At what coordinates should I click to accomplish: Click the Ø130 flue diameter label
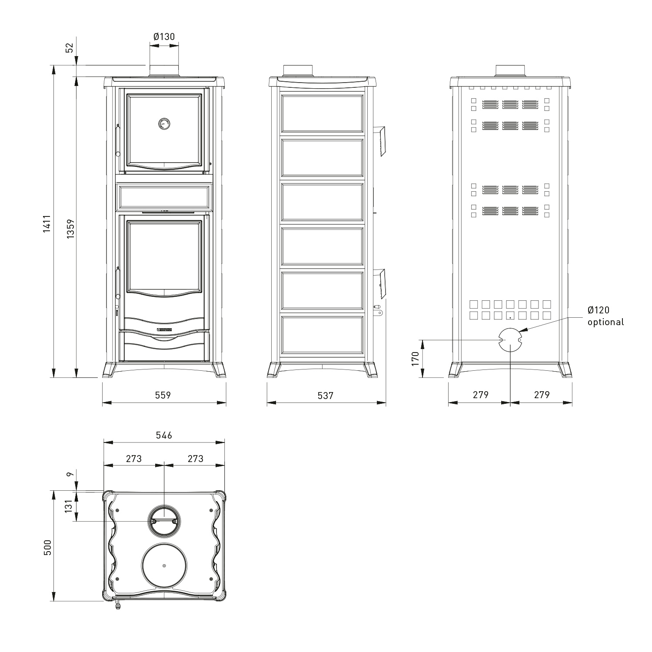point(164,37)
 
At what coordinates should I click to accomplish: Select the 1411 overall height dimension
point(47,223)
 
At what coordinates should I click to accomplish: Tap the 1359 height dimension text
point(71,228)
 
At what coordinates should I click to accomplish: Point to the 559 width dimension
point(163,395)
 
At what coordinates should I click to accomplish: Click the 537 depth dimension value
point(325,395)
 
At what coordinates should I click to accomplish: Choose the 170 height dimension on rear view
point(415,359)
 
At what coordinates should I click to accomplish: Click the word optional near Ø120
point(605,322)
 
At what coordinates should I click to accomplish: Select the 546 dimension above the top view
point(164,435)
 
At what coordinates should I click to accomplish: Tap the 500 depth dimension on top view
point(47,547)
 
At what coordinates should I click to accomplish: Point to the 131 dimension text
point(69,506)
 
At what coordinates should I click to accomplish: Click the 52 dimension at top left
point(70,47)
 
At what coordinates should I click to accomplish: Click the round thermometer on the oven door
point(164,123)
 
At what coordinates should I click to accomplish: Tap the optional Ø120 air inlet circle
point(509,340)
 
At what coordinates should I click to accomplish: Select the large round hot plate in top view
point(164,566)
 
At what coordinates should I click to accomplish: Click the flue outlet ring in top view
point(163,521)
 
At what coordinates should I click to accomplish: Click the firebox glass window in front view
point(164,256)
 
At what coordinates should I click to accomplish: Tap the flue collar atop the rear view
point(510,70)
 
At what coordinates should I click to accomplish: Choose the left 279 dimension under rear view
point(480,395)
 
